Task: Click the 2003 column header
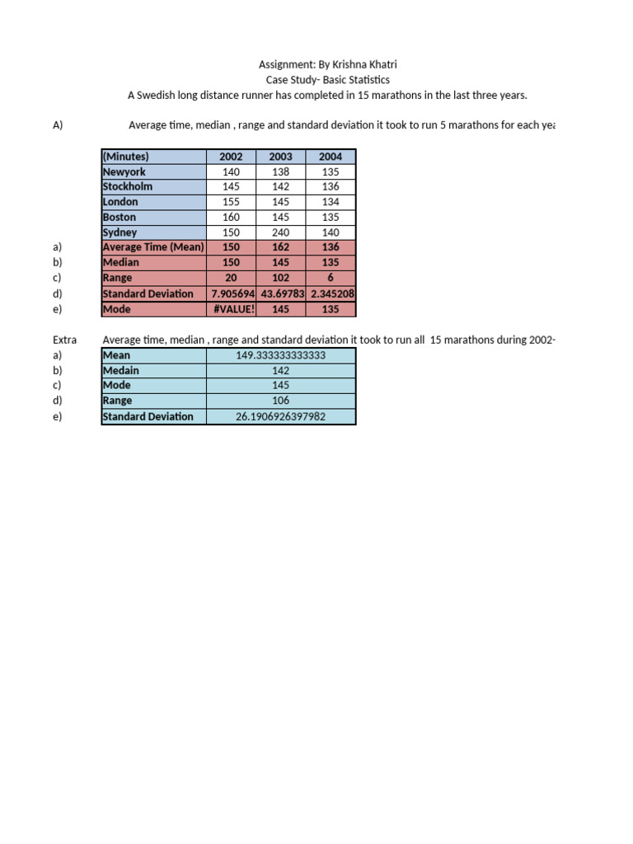[x=280, y=157]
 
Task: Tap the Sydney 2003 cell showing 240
[x=280, y=232]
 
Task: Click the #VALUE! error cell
[x=231, y=309]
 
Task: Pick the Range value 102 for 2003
[x=280, y=279]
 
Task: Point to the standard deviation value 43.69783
[x=280, y=293]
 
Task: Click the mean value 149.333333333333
[x=280, y=355]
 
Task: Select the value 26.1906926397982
[x=280, y=416]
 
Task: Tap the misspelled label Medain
[x=120, y=370]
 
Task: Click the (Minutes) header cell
[x=125, y=157]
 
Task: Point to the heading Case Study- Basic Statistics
[x=327, y=80]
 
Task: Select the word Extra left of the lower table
[x=64, y=340]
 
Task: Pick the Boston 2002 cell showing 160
[x=231, y=218]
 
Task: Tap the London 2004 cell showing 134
[x=331, y=202]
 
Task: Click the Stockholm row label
[x=127, y=186]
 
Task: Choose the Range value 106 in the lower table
[x=280, y=401]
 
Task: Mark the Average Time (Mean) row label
[x=152, y=247]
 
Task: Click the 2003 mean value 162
[x=280, y=247]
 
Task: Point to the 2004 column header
[x=331, y=157]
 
